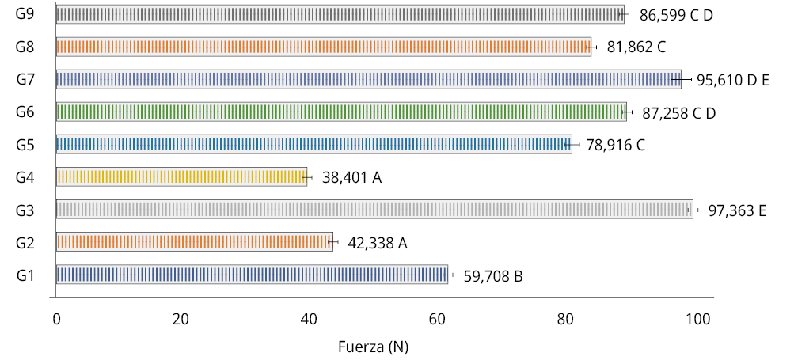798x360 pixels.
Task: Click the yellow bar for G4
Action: coord(181,176)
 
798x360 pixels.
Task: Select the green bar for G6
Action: coord(340,112)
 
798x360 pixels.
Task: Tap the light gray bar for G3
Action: coord(374,210)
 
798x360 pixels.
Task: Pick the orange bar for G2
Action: coord(194,242)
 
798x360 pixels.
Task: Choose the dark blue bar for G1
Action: coord(252,275)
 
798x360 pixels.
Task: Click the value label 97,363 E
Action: coord(736,210)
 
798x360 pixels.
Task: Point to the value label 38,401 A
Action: coord(351,178)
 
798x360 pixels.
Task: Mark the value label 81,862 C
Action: coord(636,47)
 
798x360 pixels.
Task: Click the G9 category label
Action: coord(25,13)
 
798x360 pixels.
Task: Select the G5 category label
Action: coord(25,145)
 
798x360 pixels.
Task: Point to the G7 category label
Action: coord(25,79)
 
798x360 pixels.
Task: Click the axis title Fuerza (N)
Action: coord(373,347)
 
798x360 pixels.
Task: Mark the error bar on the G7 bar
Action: coord(681,79)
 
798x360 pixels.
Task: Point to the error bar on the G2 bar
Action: coord(332,242)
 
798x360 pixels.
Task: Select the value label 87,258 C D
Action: coord(678,113)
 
